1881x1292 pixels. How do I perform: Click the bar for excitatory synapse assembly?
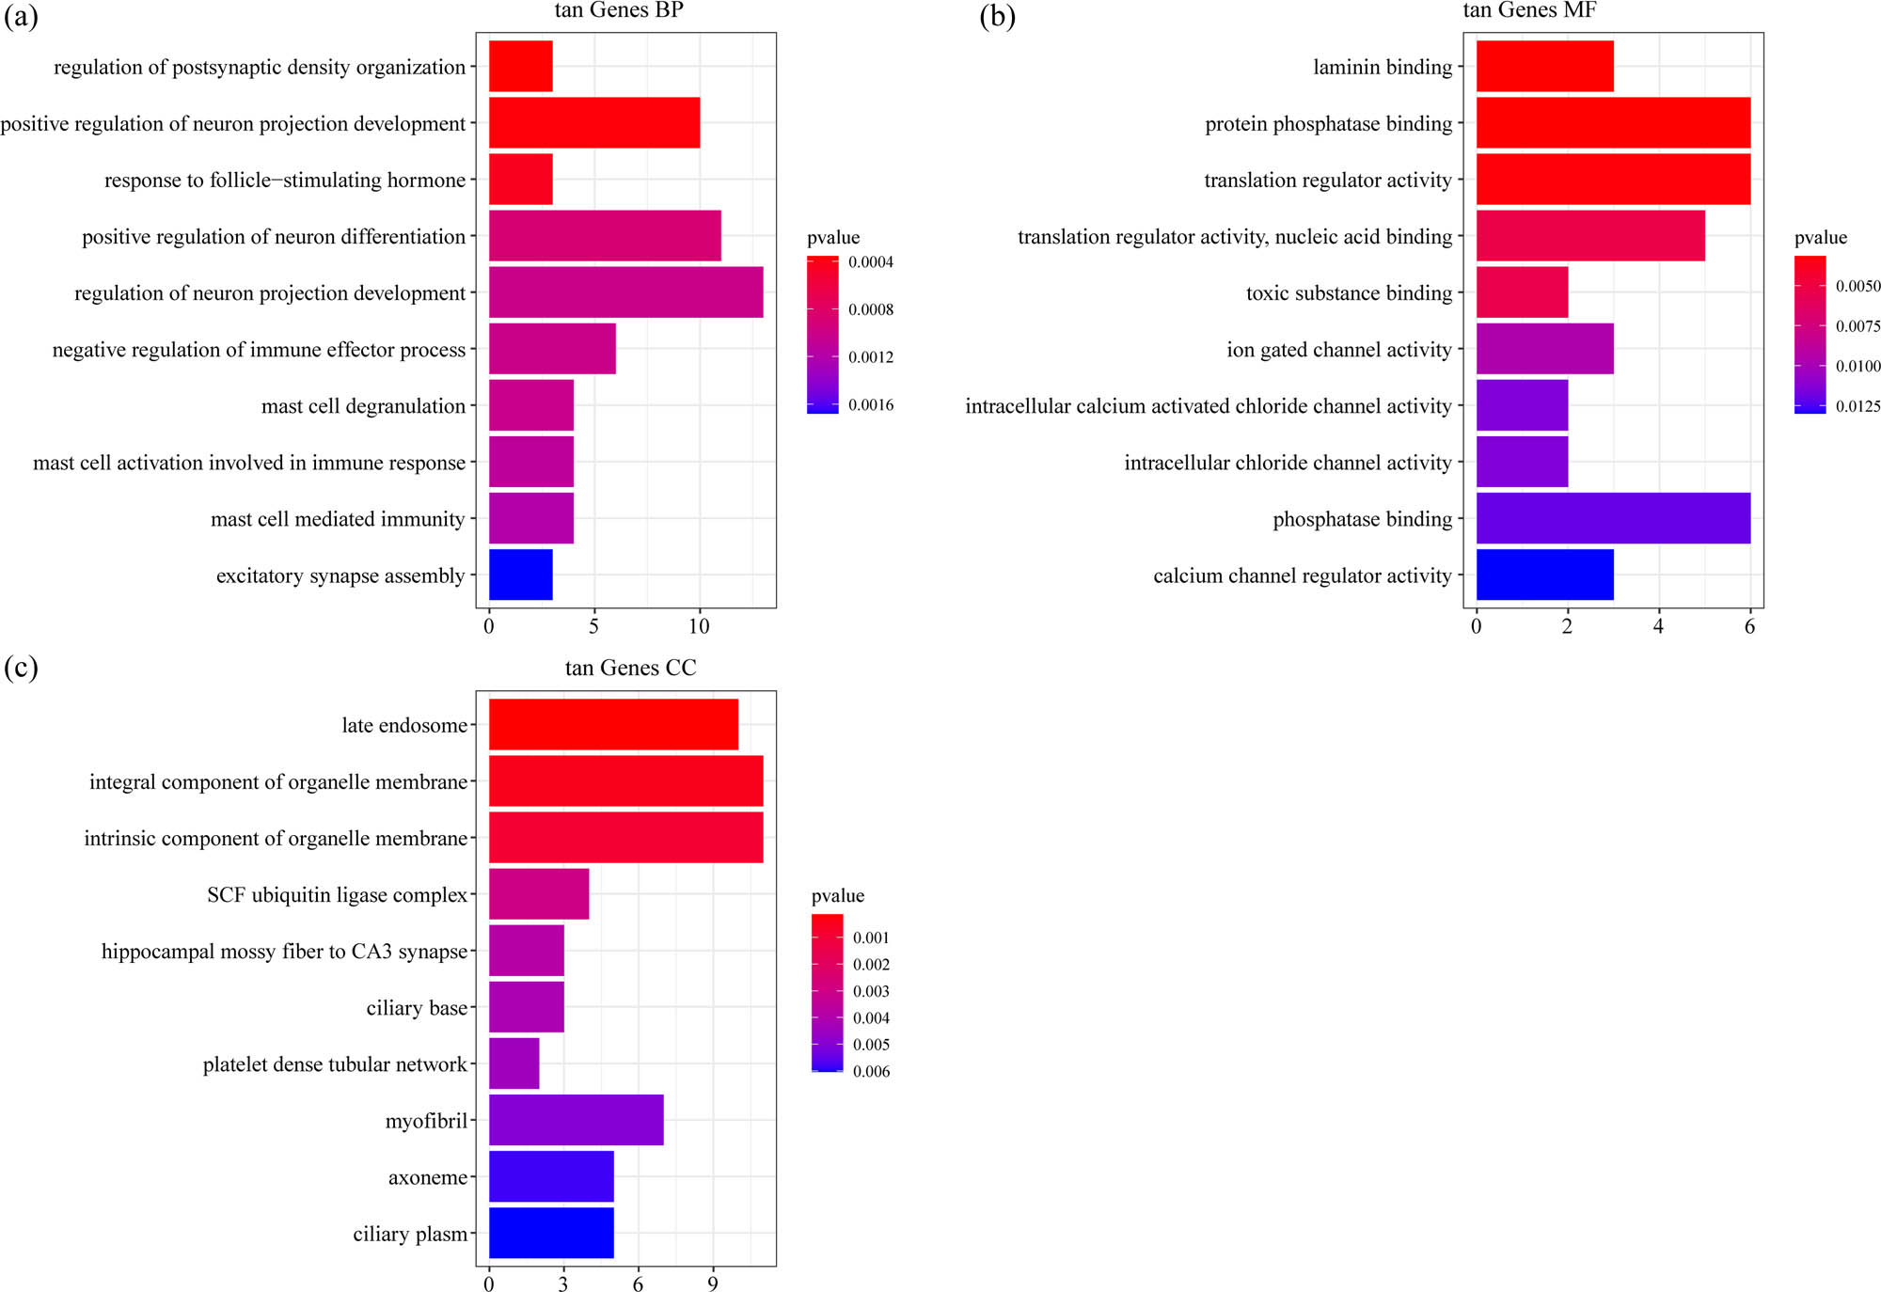tap(520, 575)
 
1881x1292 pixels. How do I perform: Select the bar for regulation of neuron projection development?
tap(625, 292)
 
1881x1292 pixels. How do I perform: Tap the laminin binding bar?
tap(1544, 67)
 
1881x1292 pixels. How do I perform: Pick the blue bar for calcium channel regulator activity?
tap(1544, 575)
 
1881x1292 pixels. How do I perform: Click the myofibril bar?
tap(576, 1120)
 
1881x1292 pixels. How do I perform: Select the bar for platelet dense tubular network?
tap(514, 1064)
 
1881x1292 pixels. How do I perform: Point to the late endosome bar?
tap(613, 725)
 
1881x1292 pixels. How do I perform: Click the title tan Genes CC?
tap(630, 668)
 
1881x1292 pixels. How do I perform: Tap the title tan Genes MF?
tap(1529, 10)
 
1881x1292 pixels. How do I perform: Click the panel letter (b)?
tap(997, 16)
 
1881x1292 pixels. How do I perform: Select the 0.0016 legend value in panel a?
tap(870, 405)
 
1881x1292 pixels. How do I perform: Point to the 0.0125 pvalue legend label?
tap(1857, 406)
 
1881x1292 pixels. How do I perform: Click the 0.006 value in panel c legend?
tap(871, 1071)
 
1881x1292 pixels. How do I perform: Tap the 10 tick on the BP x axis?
tap(699, 626)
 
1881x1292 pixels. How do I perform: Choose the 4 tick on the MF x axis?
tap(1658, 626)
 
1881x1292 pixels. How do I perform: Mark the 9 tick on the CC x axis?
tap(713, 1284)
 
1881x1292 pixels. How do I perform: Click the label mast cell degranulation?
tap(363, 406)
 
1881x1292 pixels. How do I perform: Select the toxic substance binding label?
tap(1349, 293)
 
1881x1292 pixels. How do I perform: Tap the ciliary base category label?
tap(417, 1008)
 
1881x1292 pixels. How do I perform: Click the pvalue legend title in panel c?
tap(837, 895)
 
